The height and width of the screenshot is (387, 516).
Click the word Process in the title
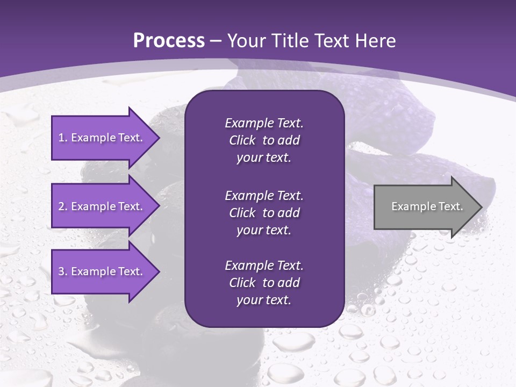(169, 41)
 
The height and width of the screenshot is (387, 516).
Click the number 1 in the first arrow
(61, 138)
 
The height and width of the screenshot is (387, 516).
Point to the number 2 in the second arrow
(61, 206)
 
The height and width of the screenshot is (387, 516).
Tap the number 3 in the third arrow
(61, 271)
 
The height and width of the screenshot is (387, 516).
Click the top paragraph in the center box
(264, 140)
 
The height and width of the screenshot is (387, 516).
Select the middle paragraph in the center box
(264, 213)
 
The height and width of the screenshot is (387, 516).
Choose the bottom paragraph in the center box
(264, 283)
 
